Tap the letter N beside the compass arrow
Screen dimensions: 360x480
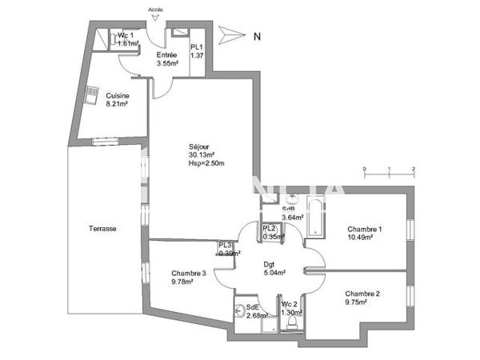click(x=256, y=35)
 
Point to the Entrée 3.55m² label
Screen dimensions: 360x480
click(x=166, y=58)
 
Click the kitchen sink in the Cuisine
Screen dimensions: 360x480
click(x=94, y=90)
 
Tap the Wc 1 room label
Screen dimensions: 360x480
click(x=126, y=36)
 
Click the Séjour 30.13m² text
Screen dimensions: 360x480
click(x=200, y=150)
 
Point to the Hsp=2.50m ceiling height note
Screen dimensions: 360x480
click(x=201, y=164)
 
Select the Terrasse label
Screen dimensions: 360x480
click(x=102, y=229)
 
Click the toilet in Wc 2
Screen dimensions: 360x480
click(x=292, y=324)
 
